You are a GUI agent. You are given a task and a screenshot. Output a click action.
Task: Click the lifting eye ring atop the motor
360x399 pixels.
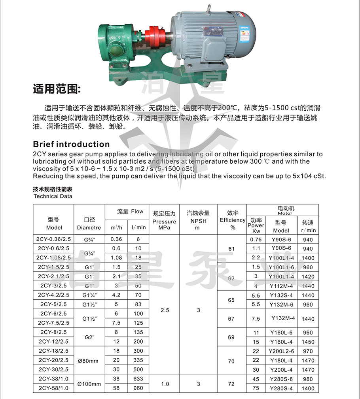[x=208, y=8]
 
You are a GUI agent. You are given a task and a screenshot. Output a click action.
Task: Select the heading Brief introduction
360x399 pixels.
[x=72, y=144]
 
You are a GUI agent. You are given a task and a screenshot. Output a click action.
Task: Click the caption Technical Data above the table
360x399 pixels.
[x=53, y=196]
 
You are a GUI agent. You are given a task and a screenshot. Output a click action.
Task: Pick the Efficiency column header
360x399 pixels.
[x=233, y=220]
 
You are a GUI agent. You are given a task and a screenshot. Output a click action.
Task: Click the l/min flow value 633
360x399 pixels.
[x=138, y=379]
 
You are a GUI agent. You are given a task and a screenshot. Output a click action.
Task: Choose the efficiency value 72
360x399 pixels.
[x=231, y=384]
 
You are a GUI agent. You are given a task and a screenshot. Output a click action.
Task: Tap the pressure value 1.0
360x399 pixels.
[x=165, y=384]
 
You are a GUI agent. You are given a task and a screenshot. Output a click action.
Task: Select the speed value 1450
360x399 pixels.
[x=308, y=342]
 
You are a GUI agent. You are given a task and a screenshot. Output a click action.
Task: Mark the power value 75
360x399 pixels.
[x=256, y=388]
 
